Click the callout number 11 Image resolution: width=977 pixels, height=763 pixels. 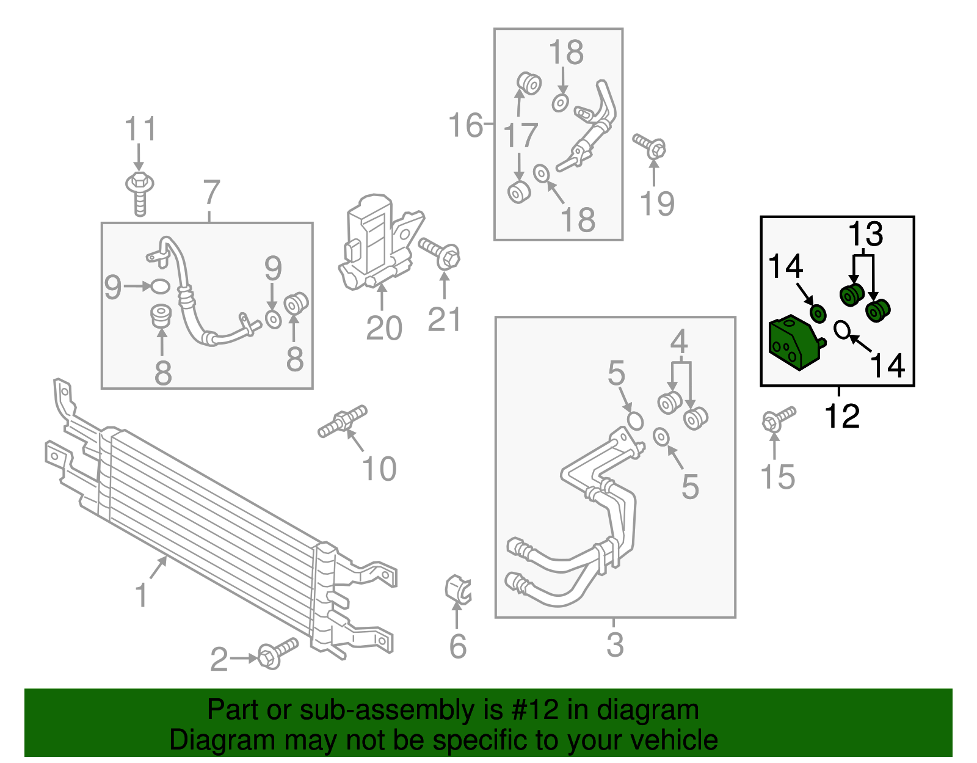coord(140,130)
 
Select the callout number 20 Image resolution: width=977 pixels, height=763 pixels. coord(383,328)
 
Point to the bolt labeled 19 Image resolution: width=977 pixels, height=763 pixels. coord(650,145)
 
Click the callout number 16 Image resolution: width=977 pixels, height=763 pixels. coord(465,126)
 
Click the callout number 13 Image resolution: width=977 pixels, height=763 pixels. coord(865,234)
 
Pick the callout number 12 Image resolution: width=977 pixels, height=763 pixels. coord(841,417)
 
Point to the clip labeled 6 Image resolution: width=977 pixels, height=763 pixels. coord(457,589)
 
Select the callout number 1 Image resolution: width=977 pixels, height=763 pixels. coord(141,594)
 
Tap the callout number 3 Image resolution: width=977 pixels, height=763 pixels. coord(615,644)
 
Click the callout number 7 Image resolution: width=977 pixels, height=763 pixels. coord(211,192)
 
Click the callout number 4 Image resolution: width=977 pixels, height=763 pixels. coord(679,342)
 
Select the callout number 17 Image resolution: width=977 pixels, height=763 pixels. coord(520,136)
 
